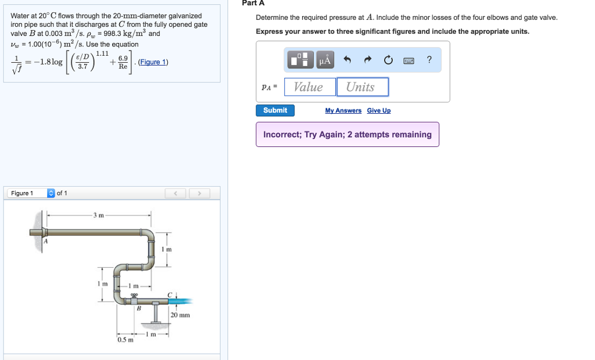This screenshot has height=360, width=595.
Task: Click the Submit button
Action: [275, 110]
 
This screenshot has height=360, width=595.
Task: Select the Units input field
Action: [362, 87]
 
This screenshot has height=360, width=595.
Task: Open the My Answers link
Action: [343, 111]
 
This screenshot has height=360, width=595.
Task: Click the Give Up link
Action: [379, 111]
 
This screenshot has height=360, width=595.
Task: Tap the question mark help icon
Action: [429, 60]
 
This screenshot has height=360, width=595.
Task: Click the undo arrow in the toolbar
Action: [347, 60]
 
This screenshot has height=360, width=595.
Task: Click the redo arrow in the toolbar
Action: [367, 60]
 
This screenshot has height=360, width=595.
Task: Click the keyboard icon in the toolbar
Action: [409, 60]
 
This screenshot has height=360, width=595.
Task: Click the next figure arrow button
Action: [199, 193]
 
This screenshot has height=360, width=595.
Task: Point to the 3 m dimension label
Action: [98, 215]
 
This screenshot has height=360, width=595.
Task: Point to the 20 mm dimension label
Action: [180, 315]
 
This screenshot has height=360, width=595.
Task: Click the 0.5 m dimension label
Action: [125, 340]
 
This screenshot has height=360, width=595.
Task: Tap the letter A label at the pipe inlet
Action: [46, 241]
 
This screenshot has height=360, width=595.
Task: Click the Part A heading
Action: [253, 3]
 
